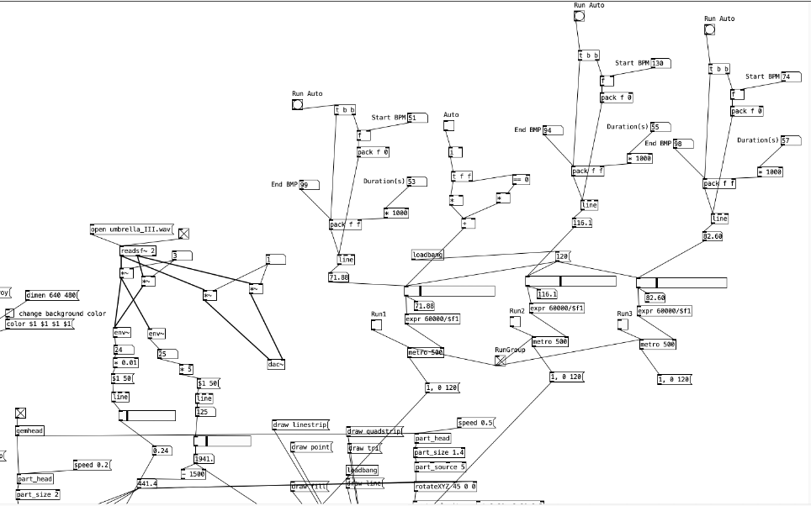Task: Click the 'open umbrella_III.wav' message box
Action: click(x=131, y=229)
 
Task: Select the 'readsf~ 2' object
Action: click(x=138, y=250)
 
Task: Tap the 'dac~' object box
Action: click(x=276, y=364)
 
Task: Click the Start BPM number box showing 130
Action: click(x=660, y=63)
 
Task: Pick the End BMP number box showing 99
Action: click(x=309, y=185)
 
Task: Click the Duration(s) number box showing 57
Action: click(x=790, y=140)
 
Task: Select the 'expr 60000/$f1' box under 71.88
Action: click(x=432, y=319)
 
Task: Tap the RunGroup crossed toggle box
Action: click(x=501, y=360)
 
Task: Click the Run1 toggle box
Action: click(x=375, y=324)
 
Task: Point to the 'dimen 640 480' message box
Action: click(x=51, y=295)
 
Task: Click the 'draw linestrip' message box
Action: click(x=299, y=424)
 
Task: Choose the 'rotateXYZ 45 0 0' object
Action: click(x=446, y=486)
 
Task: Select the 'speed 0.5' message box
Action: click(x=476, y=423)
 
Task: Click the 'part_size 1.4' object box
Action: click(x=439, y=452)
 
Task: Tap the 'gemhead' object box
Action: click(x=29, y=430)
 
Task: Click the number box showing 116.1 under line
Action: click(x=581, y=223)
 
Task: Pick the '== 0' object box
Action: click(x=521, y=179)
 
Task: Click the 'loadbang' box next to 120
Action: click(x=427, y=255)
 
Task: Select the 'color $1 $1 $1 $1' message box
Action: click(x=40, y=324)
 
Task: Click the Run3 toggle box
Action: click(x=623, y=324)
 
